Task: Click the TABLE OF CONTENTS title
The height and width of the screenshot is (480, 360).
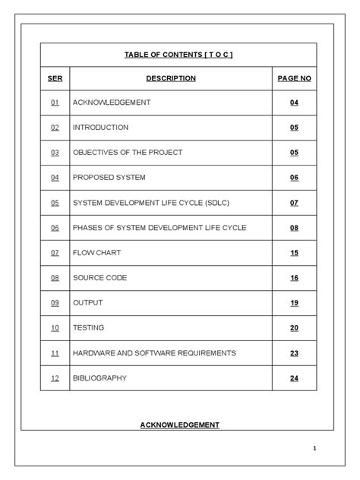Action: pos(178,54)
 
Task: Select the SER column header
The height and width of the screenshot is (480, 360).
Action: pos(55,78)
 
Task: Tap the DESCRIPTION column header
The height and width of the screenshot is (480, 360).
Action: pos(171,78)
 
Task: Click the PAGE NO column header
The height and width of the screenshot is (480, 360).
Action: pos(294,78)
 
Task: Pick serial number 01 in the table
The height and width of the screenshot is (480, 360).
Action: pos(55,103)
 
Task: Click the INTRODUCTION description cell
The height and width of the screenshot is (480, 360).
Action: pos(100,128)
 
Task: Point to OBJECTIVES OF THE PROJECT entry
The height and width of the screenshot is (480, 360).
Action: pos(128,153)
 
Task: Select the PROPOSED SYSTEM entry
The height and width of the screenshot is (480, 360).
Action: pos(109,178)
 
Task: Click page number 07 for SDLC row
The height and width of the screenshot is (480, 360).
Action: pos(294,203)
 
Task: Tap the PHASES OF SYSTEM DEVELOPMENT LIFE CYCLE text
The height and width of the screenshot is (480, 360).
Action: pos(159,228)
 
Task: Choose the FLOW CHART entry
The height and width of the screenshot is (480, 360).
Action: pos(96,253)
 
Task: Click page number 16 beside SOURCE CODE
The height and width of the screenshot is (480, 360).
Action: pos(294,278)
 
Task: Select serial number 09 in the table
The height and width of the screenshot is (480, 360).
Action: pos(55,303)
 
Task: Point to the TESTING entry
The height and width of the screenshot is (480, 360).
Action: pos(89,328)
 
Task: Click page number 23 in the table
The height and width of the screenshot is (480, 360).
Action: pos(294,353)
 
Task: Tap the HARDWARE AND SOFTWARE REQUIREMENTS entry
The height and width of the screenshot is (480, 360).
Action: pos(154,353)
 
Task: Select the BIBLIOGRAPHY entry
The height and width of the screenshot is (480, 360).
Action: pos(99,378)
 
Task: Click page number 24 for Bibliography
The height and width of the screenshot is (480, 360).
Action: pos(294,378)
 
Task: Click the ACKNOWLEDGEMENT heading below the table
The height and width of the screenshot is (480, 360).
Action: pos(179,425)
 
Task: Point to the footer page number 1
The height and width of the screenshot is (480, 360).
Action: pos(314,449)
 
